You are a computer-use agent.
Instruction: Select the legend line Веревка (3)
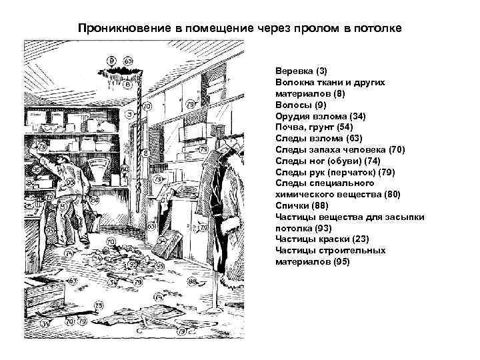301,70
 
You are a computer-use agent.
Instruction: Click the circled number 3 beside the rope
128,114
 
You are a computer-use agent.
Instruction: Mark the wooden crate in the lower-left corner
45,291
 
